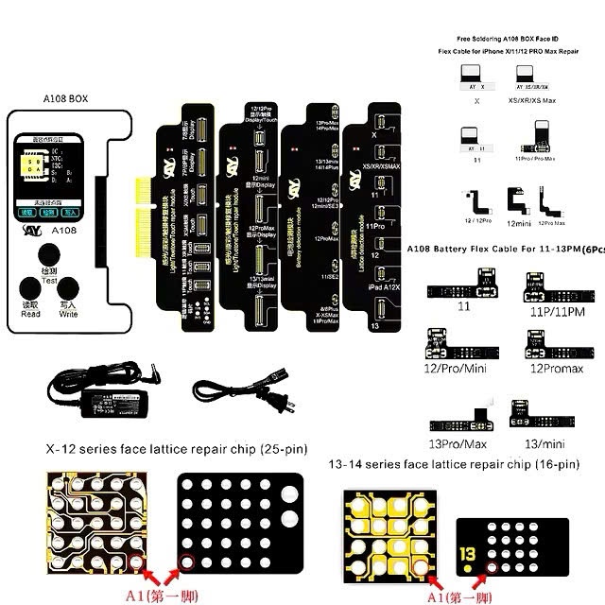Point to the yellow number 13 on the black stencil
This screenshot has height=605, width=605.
pos(468,554)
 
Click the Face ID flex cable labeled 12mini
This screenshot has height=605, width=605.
pos(519,199)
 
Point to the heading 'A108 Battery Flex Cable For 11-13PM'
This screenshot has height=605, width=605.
pos(502,249)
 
